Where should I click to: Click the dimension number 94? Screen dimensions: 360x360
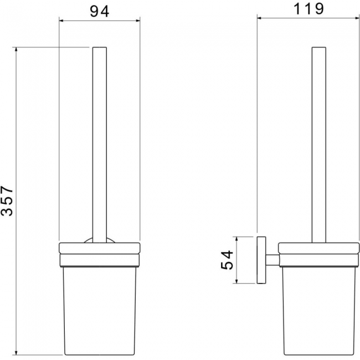99,12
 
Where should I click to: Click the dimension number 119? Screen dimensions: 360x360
308,9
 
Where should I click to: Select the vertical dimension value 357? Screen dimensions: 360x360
7,201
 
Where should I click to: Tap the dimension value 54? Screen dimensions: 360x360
227,260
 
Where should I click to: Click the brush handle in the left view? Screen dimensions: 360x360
100,145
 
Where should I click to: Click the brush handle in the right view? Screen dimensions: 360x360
319,145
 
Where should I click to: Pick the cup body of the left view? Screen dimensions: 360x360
100,311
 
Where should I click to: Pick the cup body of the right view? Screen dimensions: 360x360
319,311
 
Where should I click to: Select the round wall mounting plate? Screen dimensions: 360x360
261,260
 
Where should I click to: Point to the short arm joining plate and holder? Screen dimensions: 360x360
272,260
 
